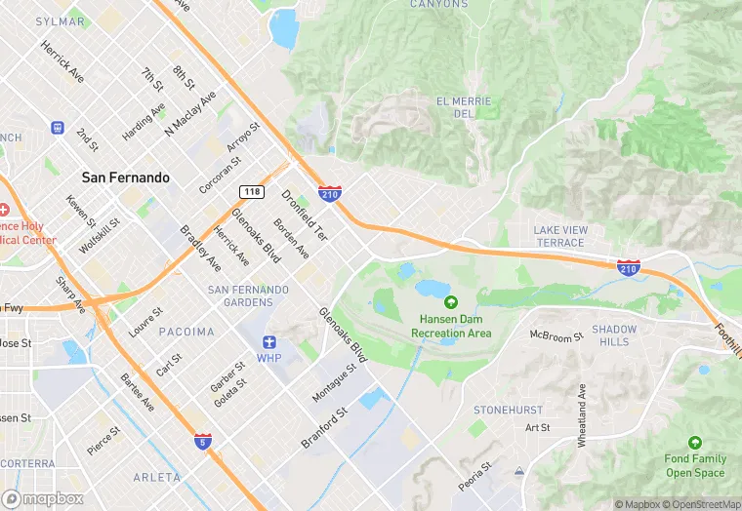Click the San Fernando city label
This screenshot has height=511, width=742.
125,177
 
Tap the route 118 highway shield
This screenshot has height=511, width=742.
253,192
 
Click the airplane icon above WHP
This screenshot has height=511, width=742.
269,341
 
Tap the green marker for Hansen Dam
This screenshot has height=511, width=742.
450,301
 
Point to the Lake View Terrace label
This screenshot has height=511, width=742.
560,235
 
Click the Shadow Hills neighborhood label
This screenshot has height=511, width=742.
614,335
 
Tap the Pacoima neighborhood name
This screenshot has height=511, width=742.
185,332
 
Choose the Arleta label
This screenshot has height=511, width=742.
156,477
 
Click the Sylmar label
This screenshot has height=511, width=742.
60,20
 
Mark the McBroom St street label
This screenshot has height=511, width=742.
556,335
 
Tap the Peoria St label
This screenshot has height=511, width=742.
474,476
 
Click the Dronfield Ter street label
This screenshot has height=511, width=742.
306,216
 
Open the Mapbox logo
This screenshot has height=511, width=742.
43,498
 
